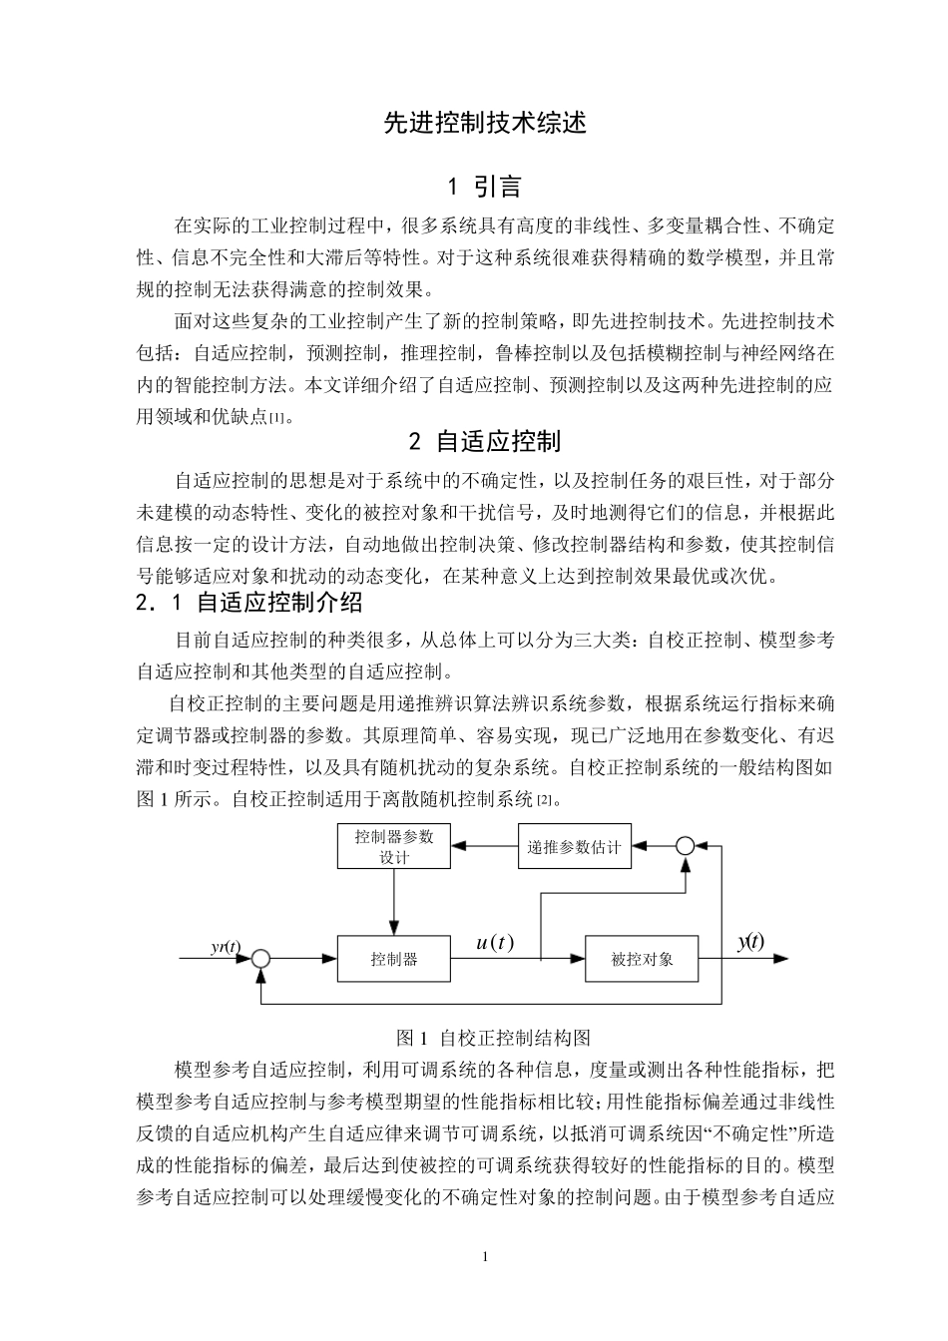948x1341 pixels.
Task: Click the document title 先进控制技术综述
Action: tap(485, 123)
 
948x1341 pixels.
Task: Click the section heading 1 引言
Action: tap(485, 187)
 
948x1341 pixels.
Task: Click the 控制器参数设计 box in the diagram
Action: tap(394, 846)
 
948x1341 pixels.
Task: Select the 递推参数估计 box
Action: tap(574, 846)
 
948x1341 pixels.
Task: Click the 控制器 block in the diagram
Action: tap(394, 959)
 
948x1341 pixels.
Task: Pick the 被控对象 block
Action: tap(642, 959)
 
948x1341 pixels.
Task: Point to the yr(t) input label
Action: tap(226, 946)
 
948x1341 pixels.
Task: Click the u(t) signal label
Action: tap(495, 943)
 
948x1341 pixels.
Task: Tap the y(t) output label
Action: tap(750, 942)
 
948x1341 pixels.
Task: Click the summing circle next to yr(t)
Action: tap(260, 959)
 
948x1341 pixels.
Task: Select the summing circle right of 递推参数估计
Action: tap(685, 846)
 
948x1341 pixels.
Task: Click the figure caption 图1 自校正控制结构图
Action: tap(485, 1037)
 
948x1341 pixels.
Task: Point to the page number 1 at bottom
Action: tap(485, 1256)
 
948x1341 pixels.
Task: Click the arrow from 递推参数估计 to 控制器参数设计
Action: tap(484, 846)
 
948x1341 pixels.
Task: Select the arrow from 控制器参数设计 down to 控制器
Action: tap(394, 902)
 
